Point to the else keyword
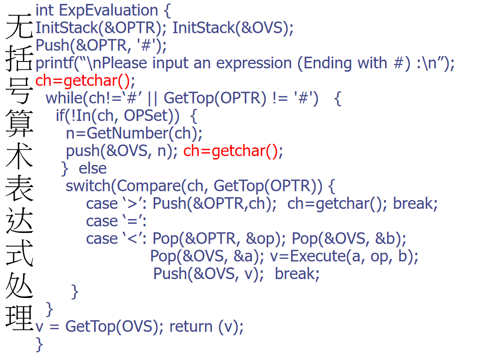tap(93, 168)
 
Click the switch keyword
tap(89, 186)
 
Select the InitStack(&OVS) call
tap(233, 28)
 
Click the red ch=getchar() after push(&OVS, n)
tap(233, 151)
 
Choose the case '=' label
tap(116, 221)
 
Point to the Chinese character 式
tap(18, 252)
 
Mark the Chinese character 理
tap(18, 317)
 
